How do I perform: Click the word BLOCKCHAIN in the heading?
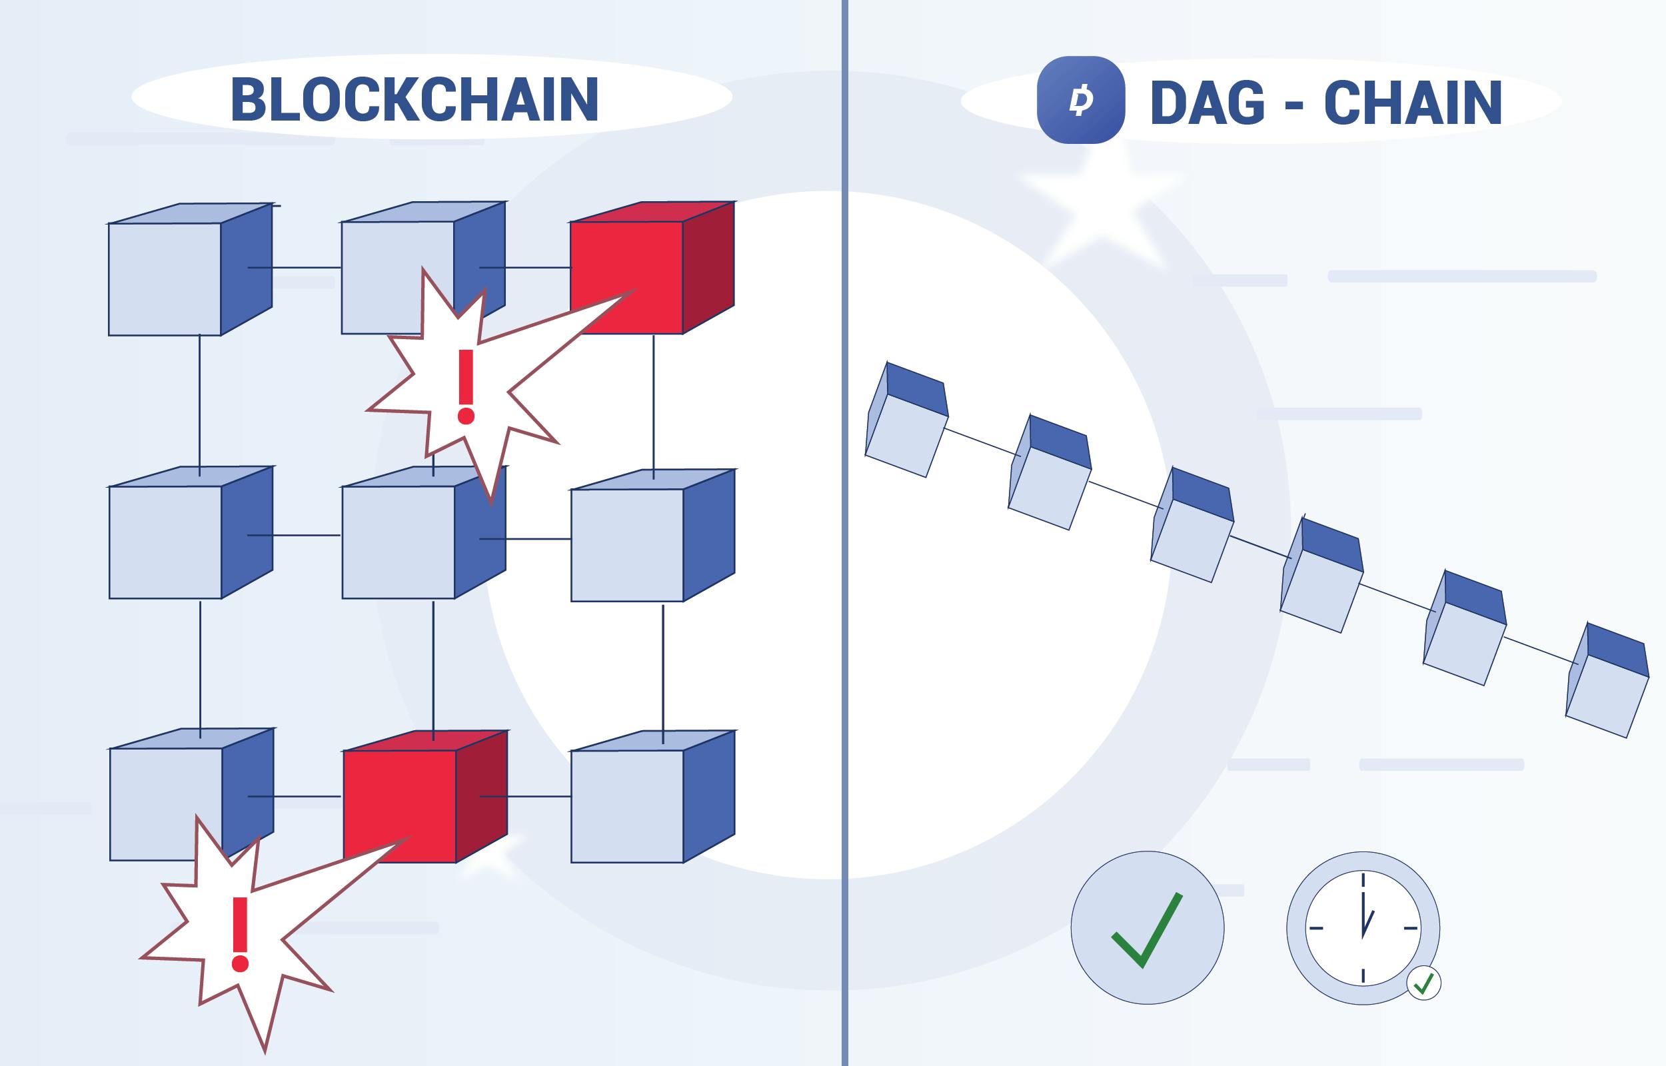click(x=415, y=100)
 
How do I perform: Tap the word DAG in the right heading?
click(x=1207, y=103)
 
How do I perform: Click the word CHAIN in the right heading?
click(x=1413, y=103)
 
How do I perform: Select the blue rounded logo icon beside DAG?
click(x=1080, y=101)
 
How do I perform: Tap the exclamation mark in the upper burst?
click(x=466, y=386)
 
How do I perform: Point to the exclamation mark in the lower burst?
click(x=240, y=935)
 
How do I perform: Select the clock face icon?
click(x=1362, y=927)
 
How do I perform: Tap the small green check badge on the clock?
click(x=1423, y=983)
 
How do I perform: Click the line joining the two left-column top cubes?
click(x=200, y=405)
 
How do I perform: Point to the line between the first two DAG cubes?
click(x=982, y=442)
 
